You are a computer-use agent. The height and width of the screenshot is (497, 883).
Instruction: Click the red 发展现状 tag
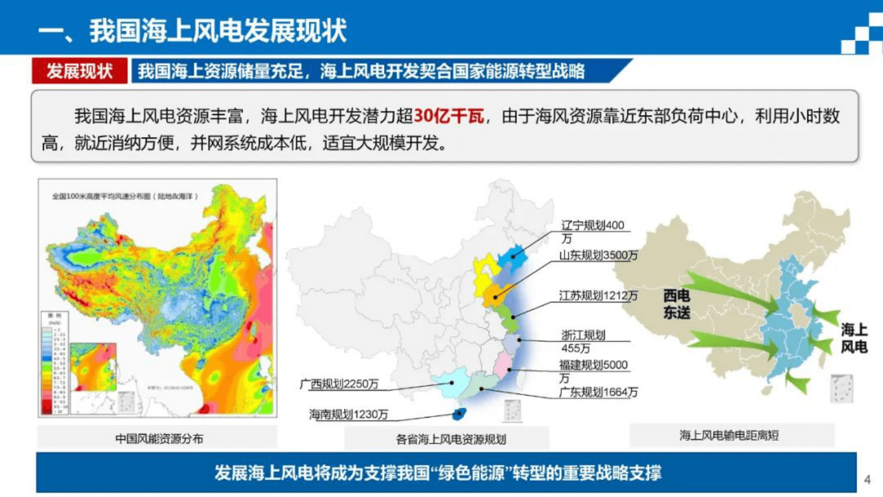point(80,71)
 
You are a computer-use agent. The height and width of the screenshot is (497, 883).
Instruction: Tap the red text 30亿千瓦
point(449,116)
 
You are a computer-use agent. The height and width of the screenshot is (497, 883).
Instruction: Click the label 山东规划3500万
point(598,255)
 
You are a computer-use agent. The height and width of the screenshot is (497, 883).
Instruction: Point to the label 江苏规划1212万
point(598,296)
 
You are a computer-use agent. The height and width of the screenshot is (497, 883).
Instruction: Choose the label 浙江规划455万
point(583,341)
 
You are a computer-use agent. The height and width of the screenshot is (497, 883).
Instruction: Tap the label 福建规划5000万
point(593,371)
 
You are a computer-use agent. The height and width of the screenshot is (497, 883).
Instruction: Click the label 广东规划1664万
point(598,392)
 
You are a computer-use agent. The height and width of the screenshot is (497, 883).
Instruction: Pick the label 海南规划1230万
point(348,415)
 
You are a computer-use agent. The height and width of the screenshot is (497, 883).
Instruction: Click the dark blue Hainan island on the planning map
point(459,414)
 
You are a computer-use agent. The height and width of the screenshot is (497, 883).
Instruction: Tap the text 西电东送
point(676,304)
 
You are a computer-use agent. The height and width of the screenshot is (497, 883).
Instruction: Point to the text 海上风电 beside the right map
point(854,338)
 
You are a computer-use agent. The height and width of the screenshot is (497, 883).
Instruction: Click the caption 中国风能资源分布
point(159,439)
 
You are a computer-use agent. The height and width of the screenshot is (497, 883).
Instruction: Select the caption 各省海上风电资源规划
point(451,439)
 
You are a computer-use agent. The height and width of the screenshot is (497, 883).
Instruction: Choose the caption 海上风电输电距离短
point(729,435)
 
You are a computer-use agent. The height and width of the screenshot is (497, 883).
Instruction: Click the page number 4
point(867,479)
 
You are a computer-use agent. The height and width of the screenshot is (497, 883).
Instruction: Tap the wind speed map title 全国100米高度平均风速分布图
point(125,196)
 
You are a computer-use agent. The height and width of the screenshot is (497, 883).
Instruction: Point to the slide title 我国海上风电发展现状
point(218,31)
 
